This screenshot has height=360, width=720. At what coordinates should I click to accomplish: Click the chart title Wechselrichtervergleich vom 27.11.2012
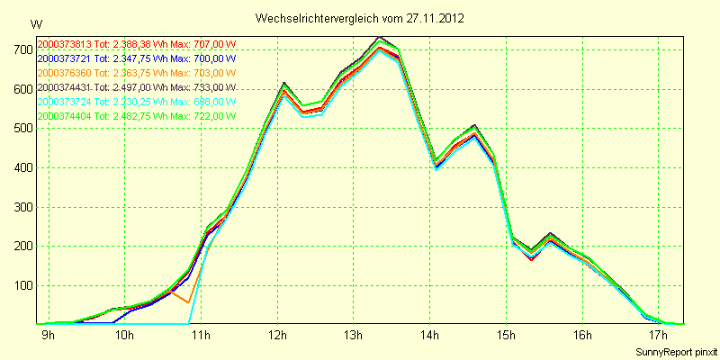click(x=360, y=18)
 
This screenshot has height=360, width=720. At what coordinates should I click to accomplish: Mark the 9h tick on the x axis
click(x=48, y=337)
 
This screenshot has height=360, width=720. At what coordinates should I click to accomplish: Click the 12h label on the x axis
click(x=277, y=337)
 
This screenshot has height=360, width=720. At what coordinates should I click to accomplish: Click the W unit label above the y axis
click(x=35, y=22)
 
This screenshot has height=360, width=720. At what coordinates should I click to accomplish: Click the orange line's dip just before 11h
click(x=187, y=302)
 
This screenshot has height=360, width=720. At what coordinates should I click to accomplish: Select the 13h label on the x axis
click(x=354, y=337)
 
